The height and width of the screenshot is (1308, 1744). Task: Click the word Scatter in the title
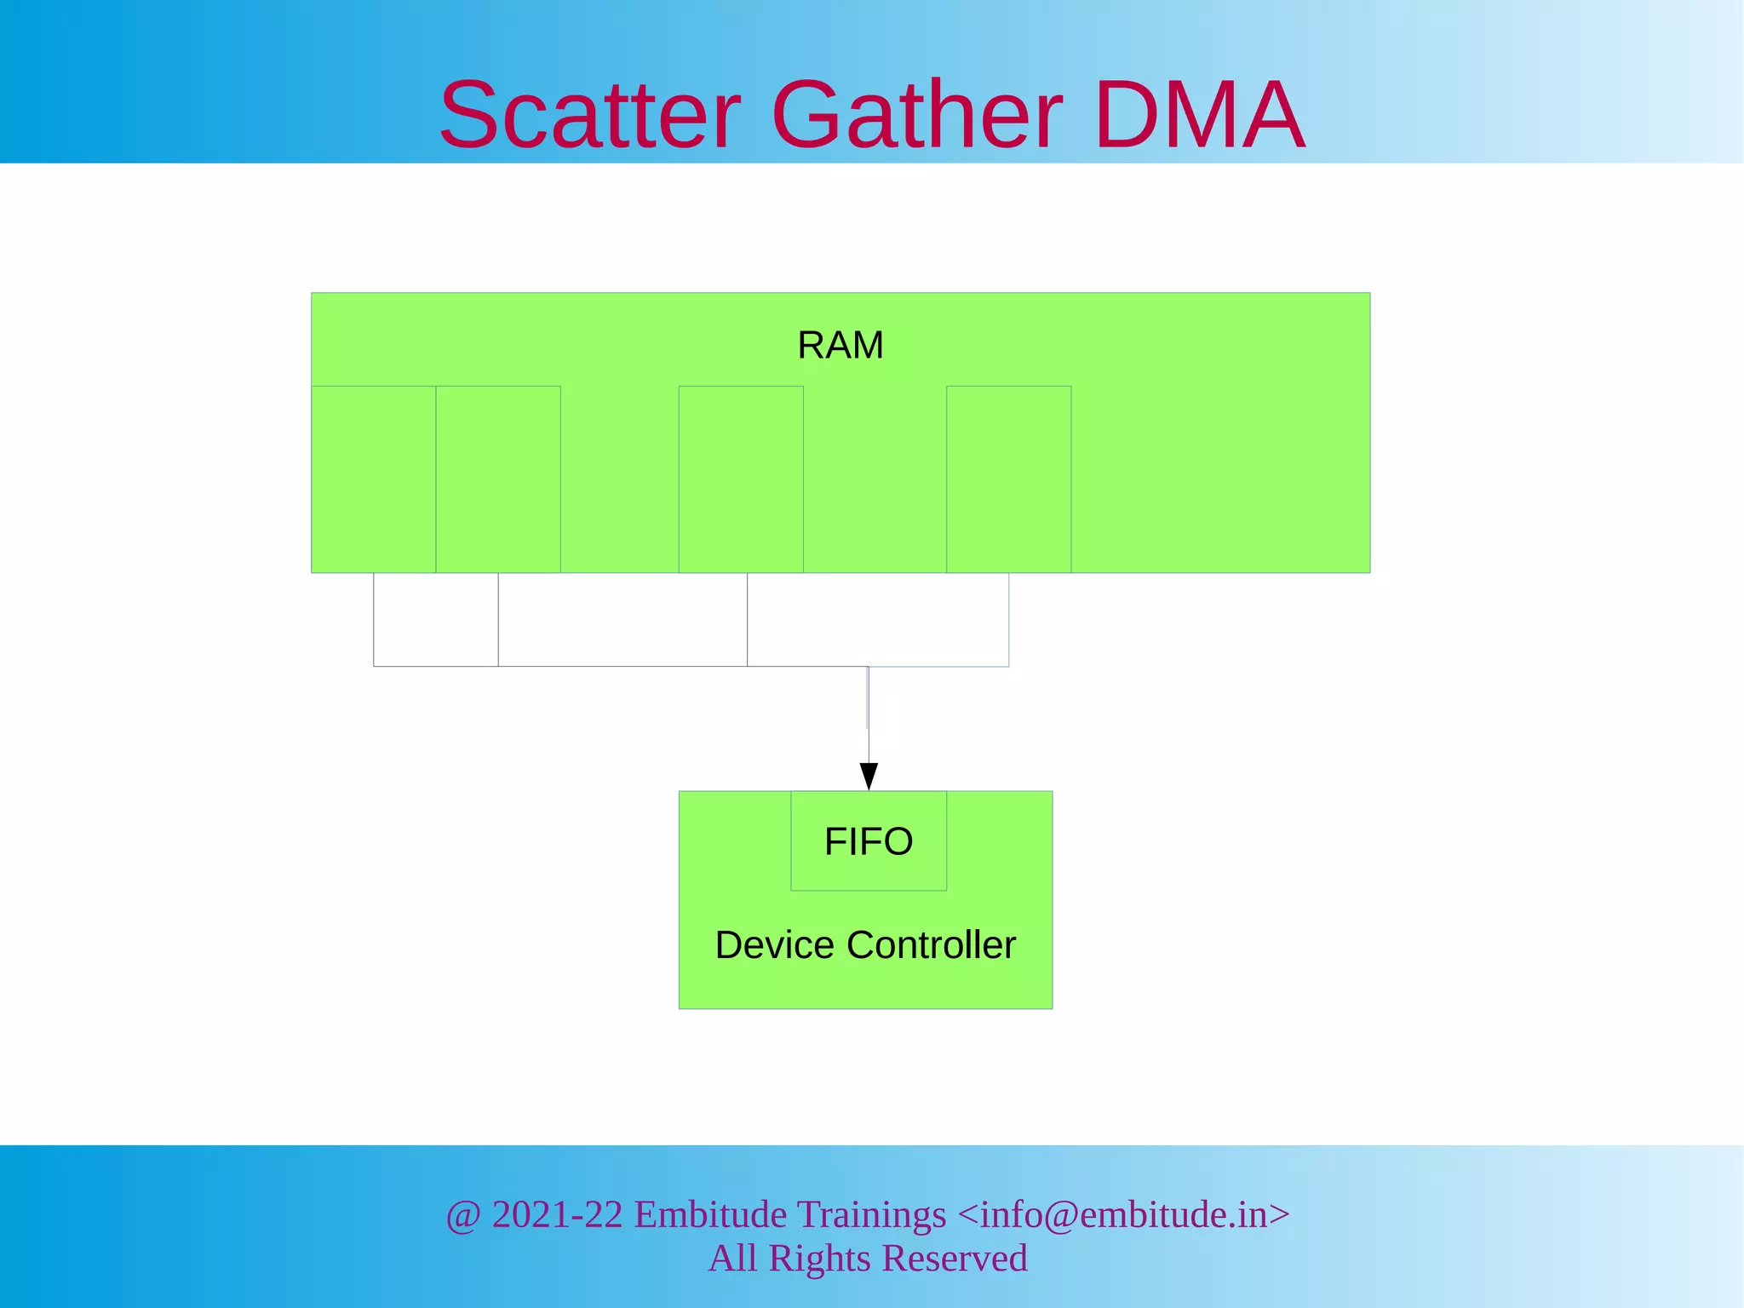pyautogui.click(x=589, y=115)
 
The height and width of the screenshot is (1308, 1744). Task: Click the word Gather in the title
pyautogui.click(x=916, y=115)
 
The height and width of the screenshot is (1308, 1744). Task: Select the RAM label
pyautogui.click(x=840, y=346)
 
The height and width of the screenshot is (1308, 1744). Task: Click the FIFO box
pyautogui.click(x=869, y=841)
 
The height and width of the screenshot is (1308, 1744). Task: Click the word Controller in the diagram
pyautogui.click(x=932, y=945)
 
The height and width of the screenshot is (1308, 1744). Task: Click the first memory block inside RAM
pyautogui.click(x=374, y=479)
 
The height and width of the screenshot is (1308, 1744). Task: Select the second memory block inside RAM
pyautogui.click(x=498, y=479)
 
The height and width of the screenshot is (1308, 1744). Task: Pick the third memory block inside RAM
pyautogui.click(x=741, y=479)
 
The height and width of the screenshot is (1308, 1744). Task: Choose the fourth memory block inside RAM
pyautogui.click(x=1009, y=479)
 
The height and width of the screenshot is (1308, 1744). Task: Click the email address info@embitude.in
pyautogui.click(x=1124, y=1215)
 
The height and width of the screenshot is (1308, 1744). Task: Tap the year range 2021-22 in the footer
pyautogui.click(x=558, y=1215)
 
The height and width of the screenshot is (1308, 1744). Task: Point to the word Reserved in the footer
pyautogui.click(x=955, y=1259)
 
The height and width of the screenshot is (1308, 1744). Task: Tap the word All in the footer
pyautogui.click(x=732, y=1259)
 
